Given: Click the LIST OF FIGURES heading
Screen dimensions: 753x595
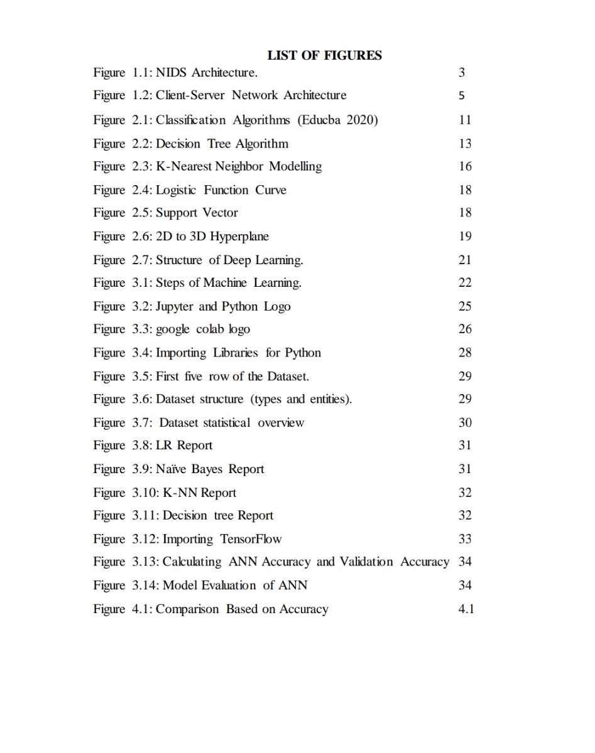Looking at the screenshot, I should coord(324,55).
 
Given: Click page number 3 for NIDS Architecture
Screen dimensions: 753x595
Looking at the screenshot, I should coord(462,72).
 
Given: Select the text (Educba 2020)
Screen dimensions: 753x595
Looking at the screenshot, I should coord(339,120).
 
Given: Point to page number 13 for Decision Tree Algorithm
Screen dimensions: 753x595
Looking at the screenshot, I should coord(465,144).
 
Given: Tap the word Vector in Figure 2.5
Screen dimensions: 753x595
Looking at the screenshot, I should coord(220,213).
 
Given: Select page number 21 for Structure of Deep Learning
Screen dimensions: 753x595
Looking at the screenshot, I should coord(465,260).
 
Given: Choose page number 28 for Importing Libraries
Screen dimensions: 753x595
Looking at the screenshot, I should coord(465,353).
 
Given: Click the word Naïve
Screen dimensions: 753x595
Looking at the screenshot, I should coord(171,469).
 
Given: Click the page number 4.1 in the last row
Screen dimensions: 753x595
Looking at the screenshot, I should coord(466,609).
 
